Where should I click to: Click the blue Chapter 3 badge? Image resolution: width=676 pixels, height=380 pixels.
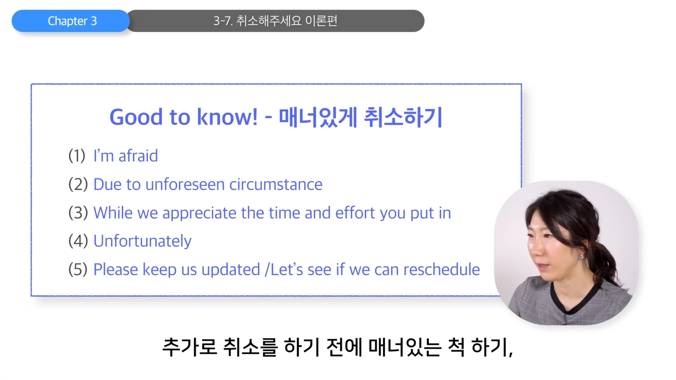(71, 21)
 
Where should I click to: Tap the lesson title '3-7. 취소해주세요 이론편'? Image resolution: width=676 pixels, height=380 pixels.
(275, 21)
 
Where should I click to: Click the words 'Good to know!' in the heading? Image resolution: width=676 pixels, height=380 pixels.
(183, 117)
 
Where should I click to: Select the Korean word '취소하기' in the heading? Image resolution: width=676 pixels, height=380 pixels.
(403, 117)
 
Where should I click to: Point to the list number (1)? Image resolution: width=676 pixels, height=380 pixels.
(77, 156)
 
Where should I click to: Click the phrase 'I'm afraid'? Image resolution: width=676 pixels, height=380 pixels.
(126, 156)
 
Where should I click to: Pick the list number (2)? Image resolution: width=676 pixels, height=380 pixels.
(78, 184)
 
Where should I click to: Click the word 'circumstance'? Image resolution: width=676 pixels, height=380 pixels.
(276, 184)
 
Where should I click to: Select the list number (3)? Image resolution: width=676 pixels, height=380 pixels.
(78, 213)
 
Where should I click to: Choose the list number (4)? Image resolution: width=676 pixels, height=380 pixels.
(78, 241)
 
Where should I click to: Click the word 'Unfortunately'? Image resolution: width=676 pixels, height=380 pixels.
(142, 241)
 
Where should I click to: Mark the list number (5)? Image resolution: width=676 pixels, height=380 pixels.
(78, 270)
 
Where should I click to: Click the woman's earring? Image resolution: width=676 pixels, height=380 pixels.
(581, 256)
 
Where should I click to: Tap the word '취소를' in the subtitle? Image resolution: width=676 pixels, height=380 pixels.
(250, 347)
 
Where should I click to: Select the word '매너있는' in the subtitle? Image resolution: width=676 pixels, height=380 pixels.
(405, 347)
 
